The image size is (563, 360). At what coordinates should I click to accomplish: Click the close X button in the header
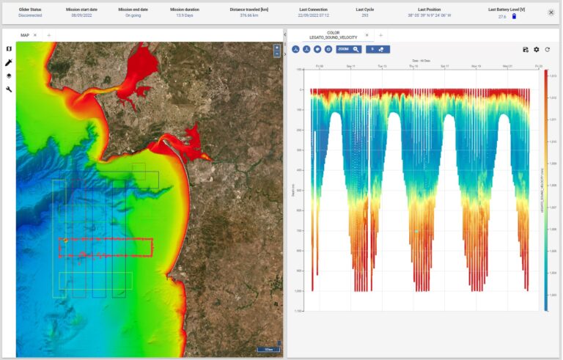(x=551, y=12)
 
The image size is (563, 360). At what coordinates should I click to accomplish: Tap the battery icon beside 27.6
(x=514, y=16)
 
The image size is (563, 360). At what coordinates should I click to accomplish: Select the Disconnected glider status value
(x=30, y=15)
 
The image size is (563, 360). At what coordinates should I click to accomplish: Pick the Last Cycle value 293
(x=364, y=15)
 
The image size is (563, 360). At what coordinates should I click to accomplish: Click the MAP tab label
(x=25, y=35)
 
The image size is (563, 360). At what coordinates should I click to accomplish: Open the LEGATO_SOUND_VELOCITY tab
(x=334, y=35)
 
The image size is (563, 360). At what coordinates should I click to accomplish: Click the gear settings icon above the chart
(x=536, y=49)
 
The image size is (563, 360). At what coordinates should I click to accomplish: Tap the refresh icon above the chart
(x=547, y=49)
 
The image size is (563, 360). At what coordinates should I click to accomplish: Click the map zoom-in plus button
(x=276, y=48)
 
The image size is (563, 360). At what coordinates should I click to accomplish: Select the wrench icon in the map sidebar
(x=9, y=89)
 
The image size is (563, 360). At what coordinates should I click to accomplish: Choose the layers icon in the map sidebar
(x=9, y=76)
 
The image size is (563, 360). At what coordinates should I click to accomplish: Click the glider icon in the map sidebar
(x=9, y=62)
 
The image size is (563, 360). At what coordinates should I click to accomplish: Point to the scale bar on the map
(x=268, y=349)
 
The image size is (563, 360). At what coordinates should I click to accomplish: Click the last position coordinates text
(x=430, y=15)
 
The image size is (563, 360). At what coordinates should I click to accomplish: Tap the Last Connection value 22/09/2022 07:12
(x=314, y=15)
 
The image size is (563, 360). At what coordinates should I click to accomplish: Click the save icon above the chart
(x=526, y=49)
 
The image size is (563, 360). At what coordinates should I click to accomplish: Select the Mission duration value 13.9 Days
(x=184, y=15)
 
